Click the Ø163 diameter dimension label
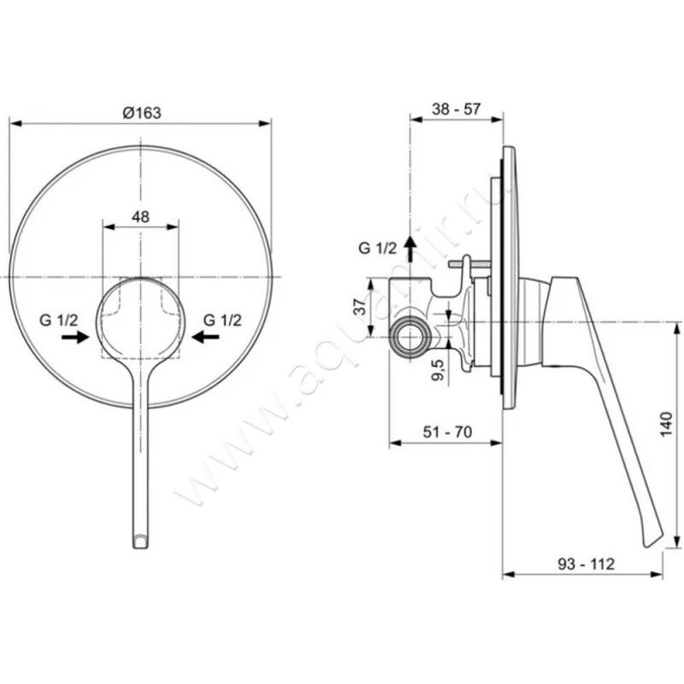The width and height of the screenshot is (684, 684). point(141,112)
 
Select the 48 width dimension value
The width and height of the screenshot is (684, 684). point(141,217)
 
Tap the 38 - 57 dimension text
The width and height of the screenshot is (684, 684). point(456,109)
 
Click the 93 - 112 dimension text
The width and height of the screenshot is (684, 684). point(586,564)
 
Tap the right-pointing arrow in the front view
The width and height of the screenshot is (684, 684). point(75,338)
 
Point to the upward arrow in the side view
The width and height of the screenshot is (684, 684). point(411,249)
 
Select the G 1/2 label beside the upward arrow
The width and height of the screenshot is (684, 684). point(377,249)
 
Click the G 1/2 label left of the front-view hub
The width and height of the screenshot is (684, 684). point(59,320)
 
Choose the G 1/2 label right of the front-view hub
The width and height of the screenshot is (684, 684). point(222,320)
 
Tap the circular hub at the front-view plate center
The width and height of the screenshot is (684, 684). point(141,317)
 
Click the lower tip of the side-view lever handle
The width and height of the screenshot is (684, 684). point(651,540)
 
